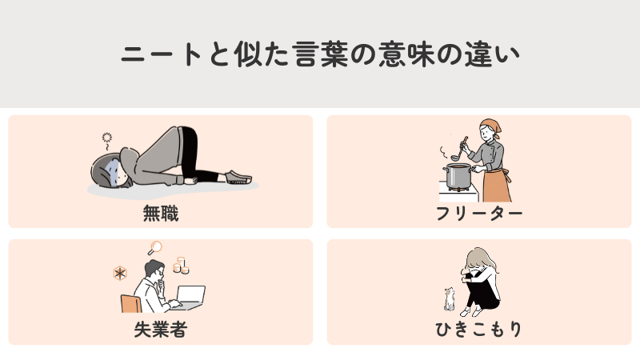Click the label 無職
click(x=160, y=214)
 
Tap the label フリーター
click(x=479, y=214)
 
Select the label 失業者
click(x=160, y=330)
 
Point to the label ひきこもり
click(x=479, y=330)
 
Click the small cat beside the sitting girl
click(x=450, y=299)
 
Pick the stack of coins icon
click(x=180, y=264)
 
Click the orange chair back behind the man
click(x=129, y=304)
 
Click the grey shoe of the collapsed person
click(x=238, y=177)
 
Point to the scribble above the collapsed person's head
click(x=106, y=138)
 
